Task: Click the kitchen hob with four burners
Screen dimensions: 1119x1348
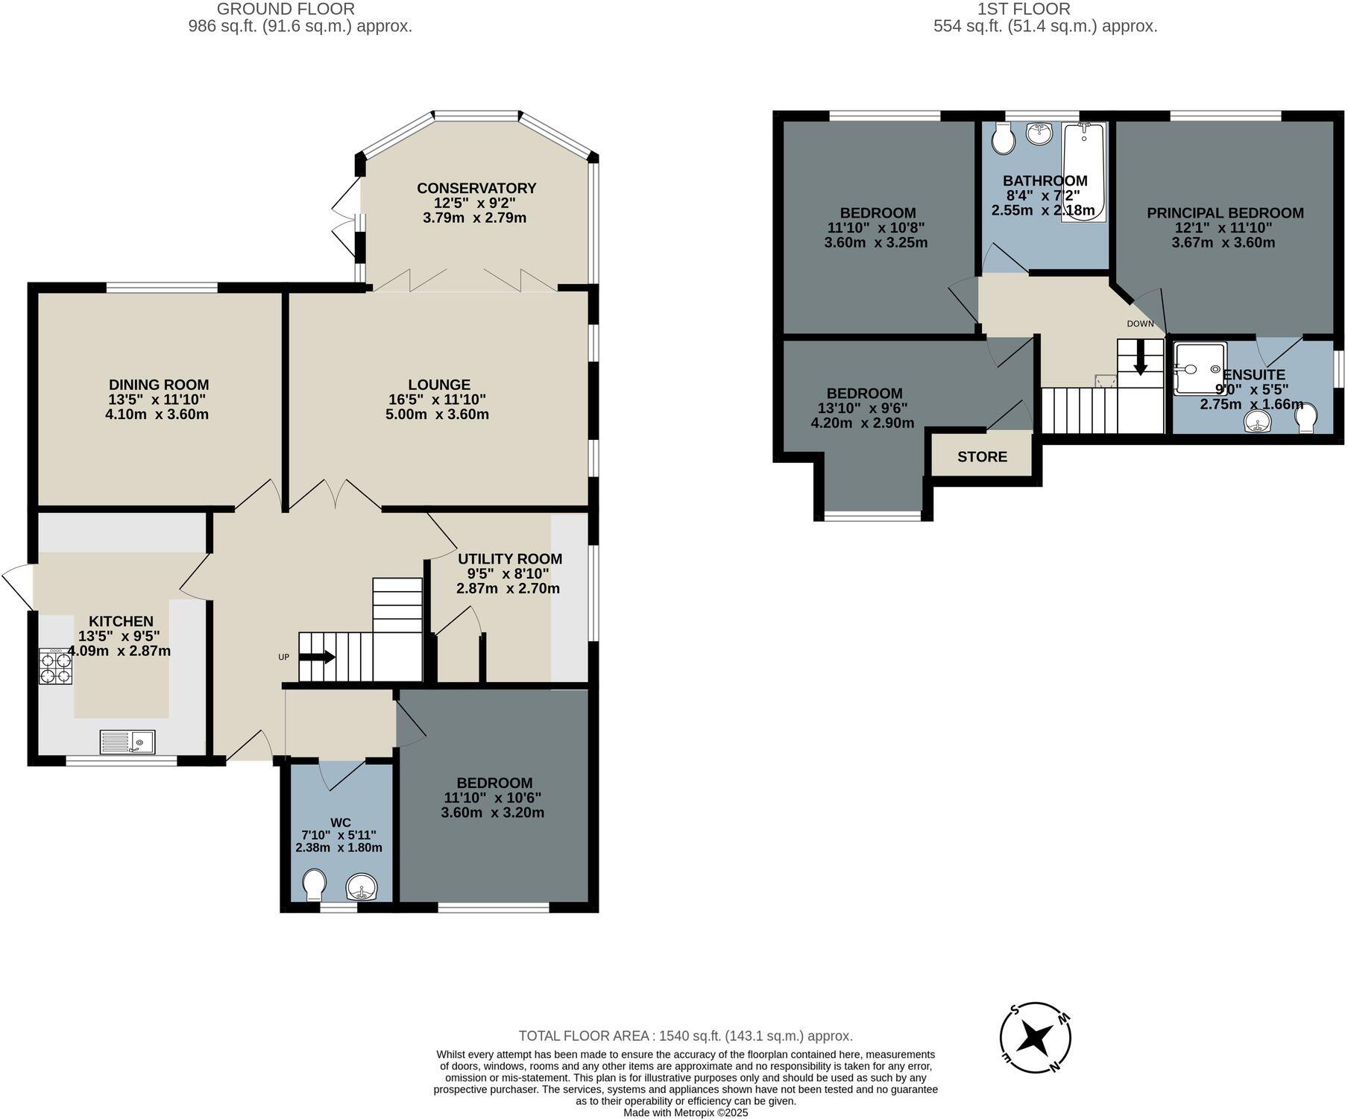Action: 56,666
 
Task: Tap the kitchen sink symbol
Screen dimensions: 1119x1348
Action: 127,742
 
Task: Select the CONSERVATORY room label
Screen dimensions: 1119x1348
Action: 476,188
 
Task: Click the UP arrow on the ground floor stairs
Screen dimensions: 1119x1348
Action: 318,657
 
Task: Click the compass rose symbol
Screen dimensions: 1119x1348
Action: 1036,1037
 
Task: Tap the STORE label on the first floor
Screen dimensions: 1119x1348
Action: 982,456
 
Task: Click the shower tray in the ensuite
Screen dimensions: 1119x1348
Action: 1200,368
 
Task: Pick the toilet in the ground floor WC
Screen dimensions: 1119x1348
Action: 315,885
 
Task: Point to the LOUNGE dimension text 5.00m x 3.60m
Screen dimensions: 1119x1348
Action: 437,414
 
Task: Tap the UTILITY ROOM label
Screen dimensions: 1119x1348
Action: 510,558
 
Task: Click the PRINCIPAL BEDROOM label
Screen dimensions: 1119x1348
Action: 1225,212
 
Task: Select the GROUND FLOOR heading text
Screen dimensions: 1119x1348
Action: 286,9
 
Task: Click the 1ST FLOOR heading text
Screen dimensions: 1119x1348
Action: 1023,9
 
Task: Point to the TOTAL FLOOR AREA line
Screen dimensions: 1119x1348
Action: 685,1036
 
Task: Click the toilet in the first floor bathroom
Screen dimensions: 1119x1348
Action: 1003,139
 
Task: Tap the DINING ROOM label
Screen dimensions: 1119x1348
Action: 159,385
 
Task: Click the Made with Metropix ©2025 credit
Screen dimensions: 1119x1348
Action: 685,1112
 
